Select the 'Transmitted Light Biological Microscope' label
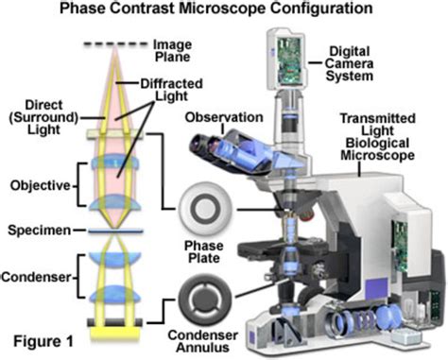(x=388, y=133)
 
